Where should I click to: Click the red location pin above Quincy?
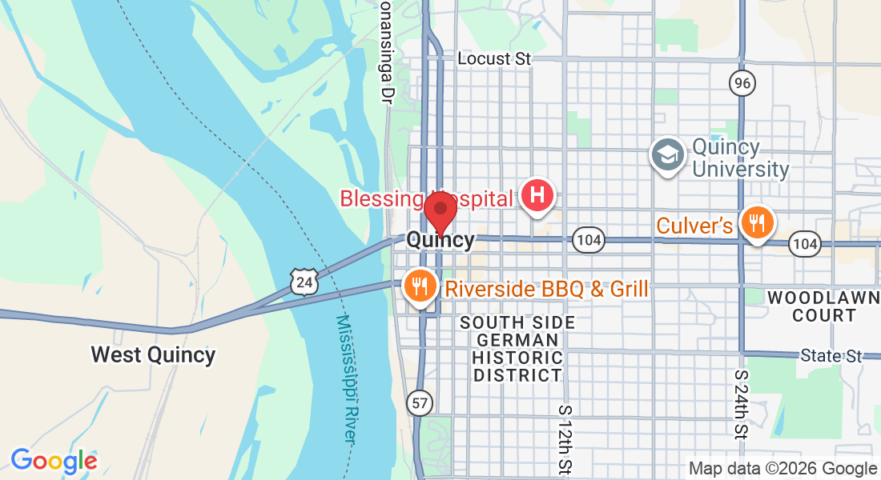tap(440, 210)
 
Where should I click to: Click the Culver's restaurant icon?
tap(755, 222)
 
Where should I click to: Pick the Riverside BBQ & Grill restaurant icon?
tap(419, 286)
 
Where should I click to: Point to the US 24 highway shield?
tap(305, 281)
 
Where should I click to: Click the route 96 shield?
tap(742, 82)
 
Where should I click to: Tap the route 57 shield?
tap(420, 402)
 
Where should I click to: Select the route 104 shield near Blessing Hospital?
tap(588, 239)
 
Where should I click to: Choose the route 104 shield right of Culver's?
tap(804, 243)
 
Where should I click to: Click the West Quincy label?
tap(153, 354)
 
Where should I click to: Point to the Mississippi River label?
tap(346, 378)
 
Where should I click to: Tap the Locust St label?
tap(494, 59)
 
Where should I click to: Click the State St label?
tap(833, 355)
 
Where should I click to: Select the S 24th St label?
tap(740, 404)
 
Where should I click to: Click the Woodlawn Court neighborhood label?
tap(824, 306)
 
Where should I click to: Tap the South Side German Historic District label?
tap(517, 349)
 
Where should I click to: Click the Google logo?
tap(54, 462)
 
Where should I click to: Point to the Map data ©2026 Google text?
tap(783, 469)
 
